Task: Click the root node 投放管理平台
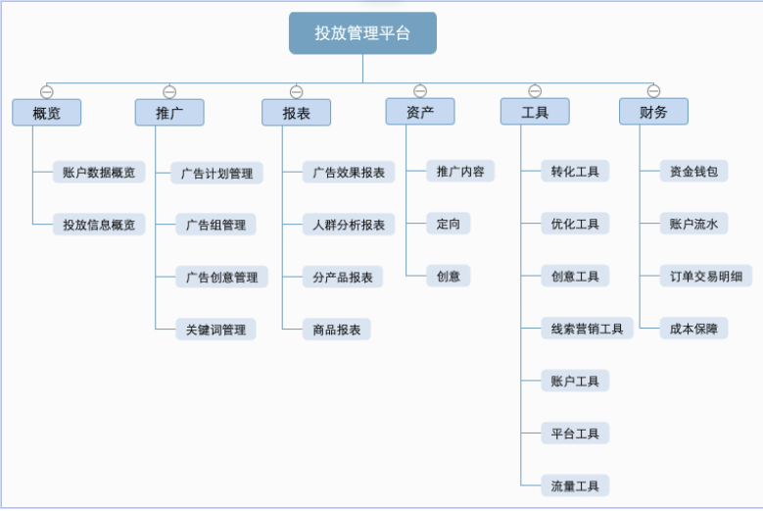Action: (362, 33)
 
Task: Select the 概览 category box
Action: (46, 112)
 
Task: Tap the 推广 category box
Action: (169, 112)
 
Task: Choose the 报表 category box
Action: (296, 112)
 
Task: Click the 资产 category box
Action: (420, 112)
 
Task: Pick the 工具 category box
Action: (535, 112)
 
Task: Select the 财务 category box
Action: (653, 112)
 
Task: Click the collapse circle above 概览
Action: (46, 91)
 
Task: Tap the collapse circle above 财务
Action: (653, 91)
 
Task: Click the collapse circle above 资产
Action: (420, 91)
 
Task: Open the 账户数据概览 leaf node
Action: (99, 172)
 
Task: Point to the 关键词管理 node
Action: (215, 329)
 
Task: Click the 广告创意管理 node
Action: (221, 277)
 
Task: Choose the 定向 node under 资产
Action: (449, 224)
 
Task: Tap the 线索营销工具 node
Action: (587, 329)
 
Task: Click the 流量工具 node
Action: (575, 485)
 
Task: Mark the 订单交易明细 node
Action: (705, 276)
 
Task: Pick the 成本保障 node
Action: (692, 329)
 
